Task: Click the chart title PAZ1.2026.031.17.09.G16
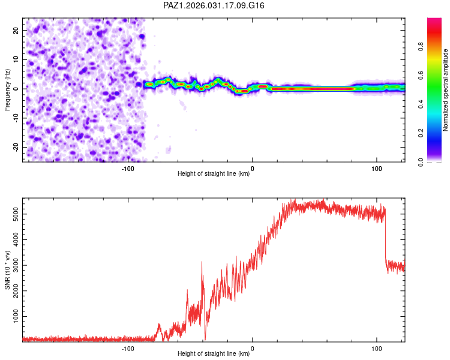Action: click(x=214, y=5)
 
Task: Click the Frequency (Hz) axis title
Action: click(x=7, y=89)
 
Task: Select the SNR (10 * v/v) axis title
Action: click(x=7, y=270)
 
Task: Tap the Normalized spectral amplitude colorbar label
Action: click(x=445, y=90)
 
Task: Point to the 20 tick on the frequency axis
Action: click(x=16, y=30)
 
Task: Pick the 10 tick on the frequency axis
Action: click(x=16, y=59)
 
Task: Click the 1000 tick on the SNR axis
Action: click(x=12, y=316)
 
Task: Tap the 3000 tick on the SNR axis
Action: click(x=12, y=265)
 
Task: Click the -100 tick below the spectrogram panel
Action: click(x=127, y=168)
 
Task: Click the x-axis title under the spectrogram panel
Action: click(x=214, y=174)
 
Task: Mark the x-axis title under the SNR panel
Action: click(x=214, y=354)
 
